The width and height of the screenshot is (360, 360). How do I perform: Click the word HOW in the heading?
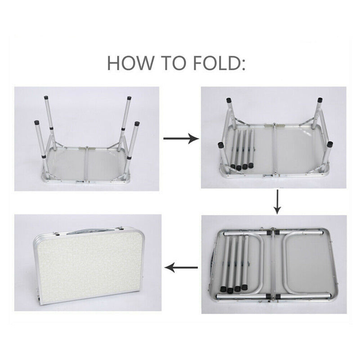point(130,63)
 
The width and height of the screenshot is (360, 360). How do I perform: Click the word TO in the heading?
point(175,63)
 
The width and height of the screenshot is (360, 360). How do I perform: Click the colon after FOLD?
point(243,65)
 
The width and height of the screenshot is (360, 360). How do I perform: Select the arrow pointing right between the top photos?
point(181,138)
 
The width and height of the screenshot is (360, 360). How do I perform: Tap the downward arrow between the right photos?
point(277,202)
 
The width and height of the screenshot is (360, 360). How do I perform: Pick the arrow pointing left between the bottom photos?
point(181,267)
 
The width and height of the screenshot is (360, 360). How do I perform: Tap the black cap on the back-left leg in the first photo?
point(47,97)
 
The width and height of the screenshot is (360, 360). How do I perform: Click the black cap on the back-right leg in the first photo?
point(129,98)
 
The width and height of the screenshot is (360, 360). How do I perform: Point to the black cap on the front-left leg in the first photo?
point(37,122)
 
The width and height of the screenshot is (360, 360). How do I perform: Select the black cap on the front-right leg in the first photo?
point(137,123)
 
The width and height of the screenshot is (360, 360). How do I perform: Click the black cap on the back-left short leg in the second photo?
point(229,100)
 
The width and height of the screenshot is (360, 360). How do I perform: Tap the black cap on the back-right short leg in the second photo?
point(320,100)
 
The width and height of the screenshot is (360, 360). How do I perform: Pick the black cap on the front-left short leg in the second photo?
point(220,145)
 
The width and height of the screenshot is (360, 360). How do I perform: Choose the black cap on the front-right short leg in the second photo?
point(330,144)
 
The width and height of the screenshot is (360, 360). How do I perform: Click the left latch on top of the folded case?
point(57,234)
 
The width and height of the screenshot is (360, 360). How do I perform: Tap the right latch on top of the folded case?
point(119,228)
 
